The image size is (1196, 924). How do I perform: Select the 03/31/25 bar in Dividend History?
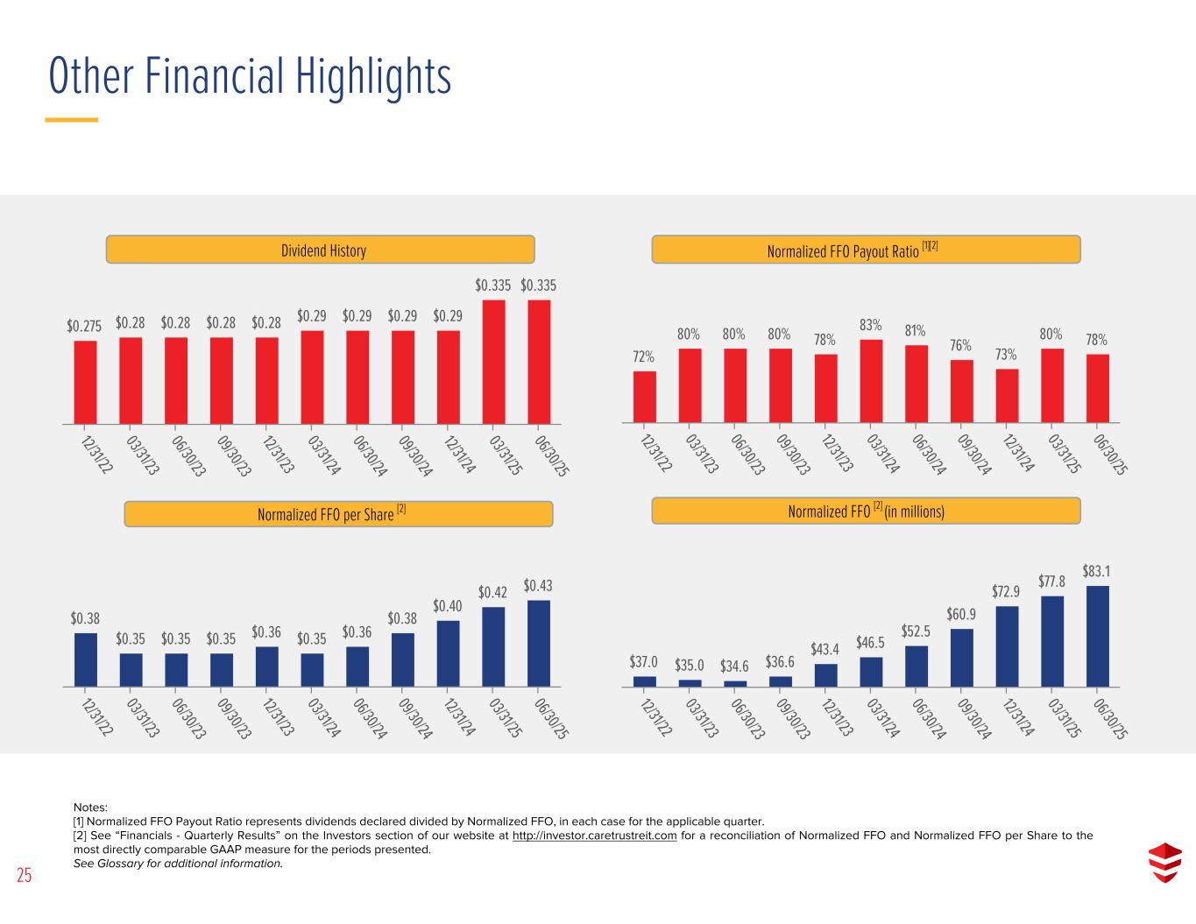coord(493,362)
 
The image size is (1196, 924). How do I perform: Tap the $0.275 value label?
coord(84,326)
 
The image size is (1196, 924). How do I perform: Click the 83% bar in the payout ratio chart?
coord(871,381)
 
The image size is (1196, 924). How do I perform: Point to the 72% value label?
coord(643,356)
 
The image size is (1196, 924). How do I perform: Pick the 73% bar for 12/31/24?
coord(1007,396)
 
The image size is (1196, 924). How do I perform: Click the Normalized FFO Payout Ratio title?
coord(865,250)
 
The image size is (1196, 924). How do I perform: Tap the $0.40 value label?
coord(448,605)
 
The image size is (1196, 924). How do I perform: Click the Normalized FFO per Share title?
coord(337,514)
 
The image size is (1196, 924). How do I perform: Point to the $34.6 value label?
coord(734,666)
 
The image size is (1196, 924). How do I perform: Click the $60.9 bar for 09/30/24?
coord(961,657)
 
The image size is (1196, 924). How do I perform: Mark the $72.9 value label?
coord(1006,591)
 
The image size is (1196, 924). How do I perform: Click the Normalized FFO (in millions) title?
coord(866,511)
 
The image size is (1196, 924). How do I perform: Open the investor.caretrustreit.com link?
coord(594,836)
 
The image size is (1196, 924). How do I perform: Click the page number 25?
coord(24,875)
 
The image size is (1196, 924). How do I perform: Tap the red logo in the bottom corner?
coord(1164,863)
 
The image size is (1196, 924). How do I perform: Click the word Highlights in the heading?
coord(365,76)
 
